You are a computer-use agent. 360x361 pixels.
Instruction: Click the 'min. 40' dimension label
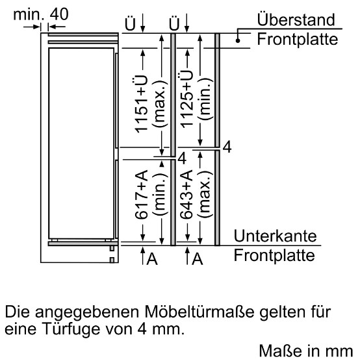click(41, 14)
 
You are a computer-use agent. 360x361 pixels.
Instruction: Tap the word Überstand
click(296, 19)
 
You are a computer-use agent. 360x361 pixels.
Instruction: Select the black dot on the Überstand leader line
click(238, 41)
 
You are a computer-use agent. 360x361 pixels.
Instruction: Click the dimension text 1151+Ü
click(140, 104)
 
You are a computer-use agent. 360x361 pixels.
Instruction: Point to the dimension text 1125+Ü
click(186, 99)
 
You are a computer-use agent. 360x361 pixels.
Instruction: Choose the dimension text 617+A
click(140, 195)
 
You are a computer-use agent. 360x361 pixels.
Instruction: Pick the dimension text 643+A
click(186, 194)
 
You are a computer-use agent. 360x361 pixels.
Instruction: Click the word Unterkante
click(275, 236)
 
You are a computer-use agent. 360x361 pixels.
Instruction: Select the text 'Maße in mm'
click(306, 351)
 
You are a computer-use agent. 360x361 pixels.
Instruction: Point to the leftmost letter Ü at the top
click(130, 23)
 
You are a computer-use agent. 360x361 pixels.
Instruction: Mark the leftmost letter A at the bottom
click(152, 259)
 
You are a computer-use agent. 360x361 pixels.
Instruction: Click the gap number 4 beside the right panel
click(227, 147)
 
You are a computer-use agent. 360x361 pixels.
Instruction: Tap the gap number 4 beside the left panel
click(182, 158)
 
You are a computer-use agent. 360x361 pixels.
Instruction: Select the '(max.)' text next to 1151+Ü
click(159, 104)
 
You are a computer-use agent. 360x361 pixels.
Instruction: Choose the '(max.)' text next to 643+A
click(205, 194)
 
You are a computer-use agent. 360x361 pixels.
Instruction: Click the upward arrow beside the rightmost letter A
click(187, 255)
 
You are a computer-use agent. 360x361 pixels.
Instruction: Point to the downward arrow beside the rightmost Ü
click(186, 23)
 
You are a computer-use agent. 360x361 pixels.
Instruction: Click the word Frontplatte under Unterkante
click(274, 255)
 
